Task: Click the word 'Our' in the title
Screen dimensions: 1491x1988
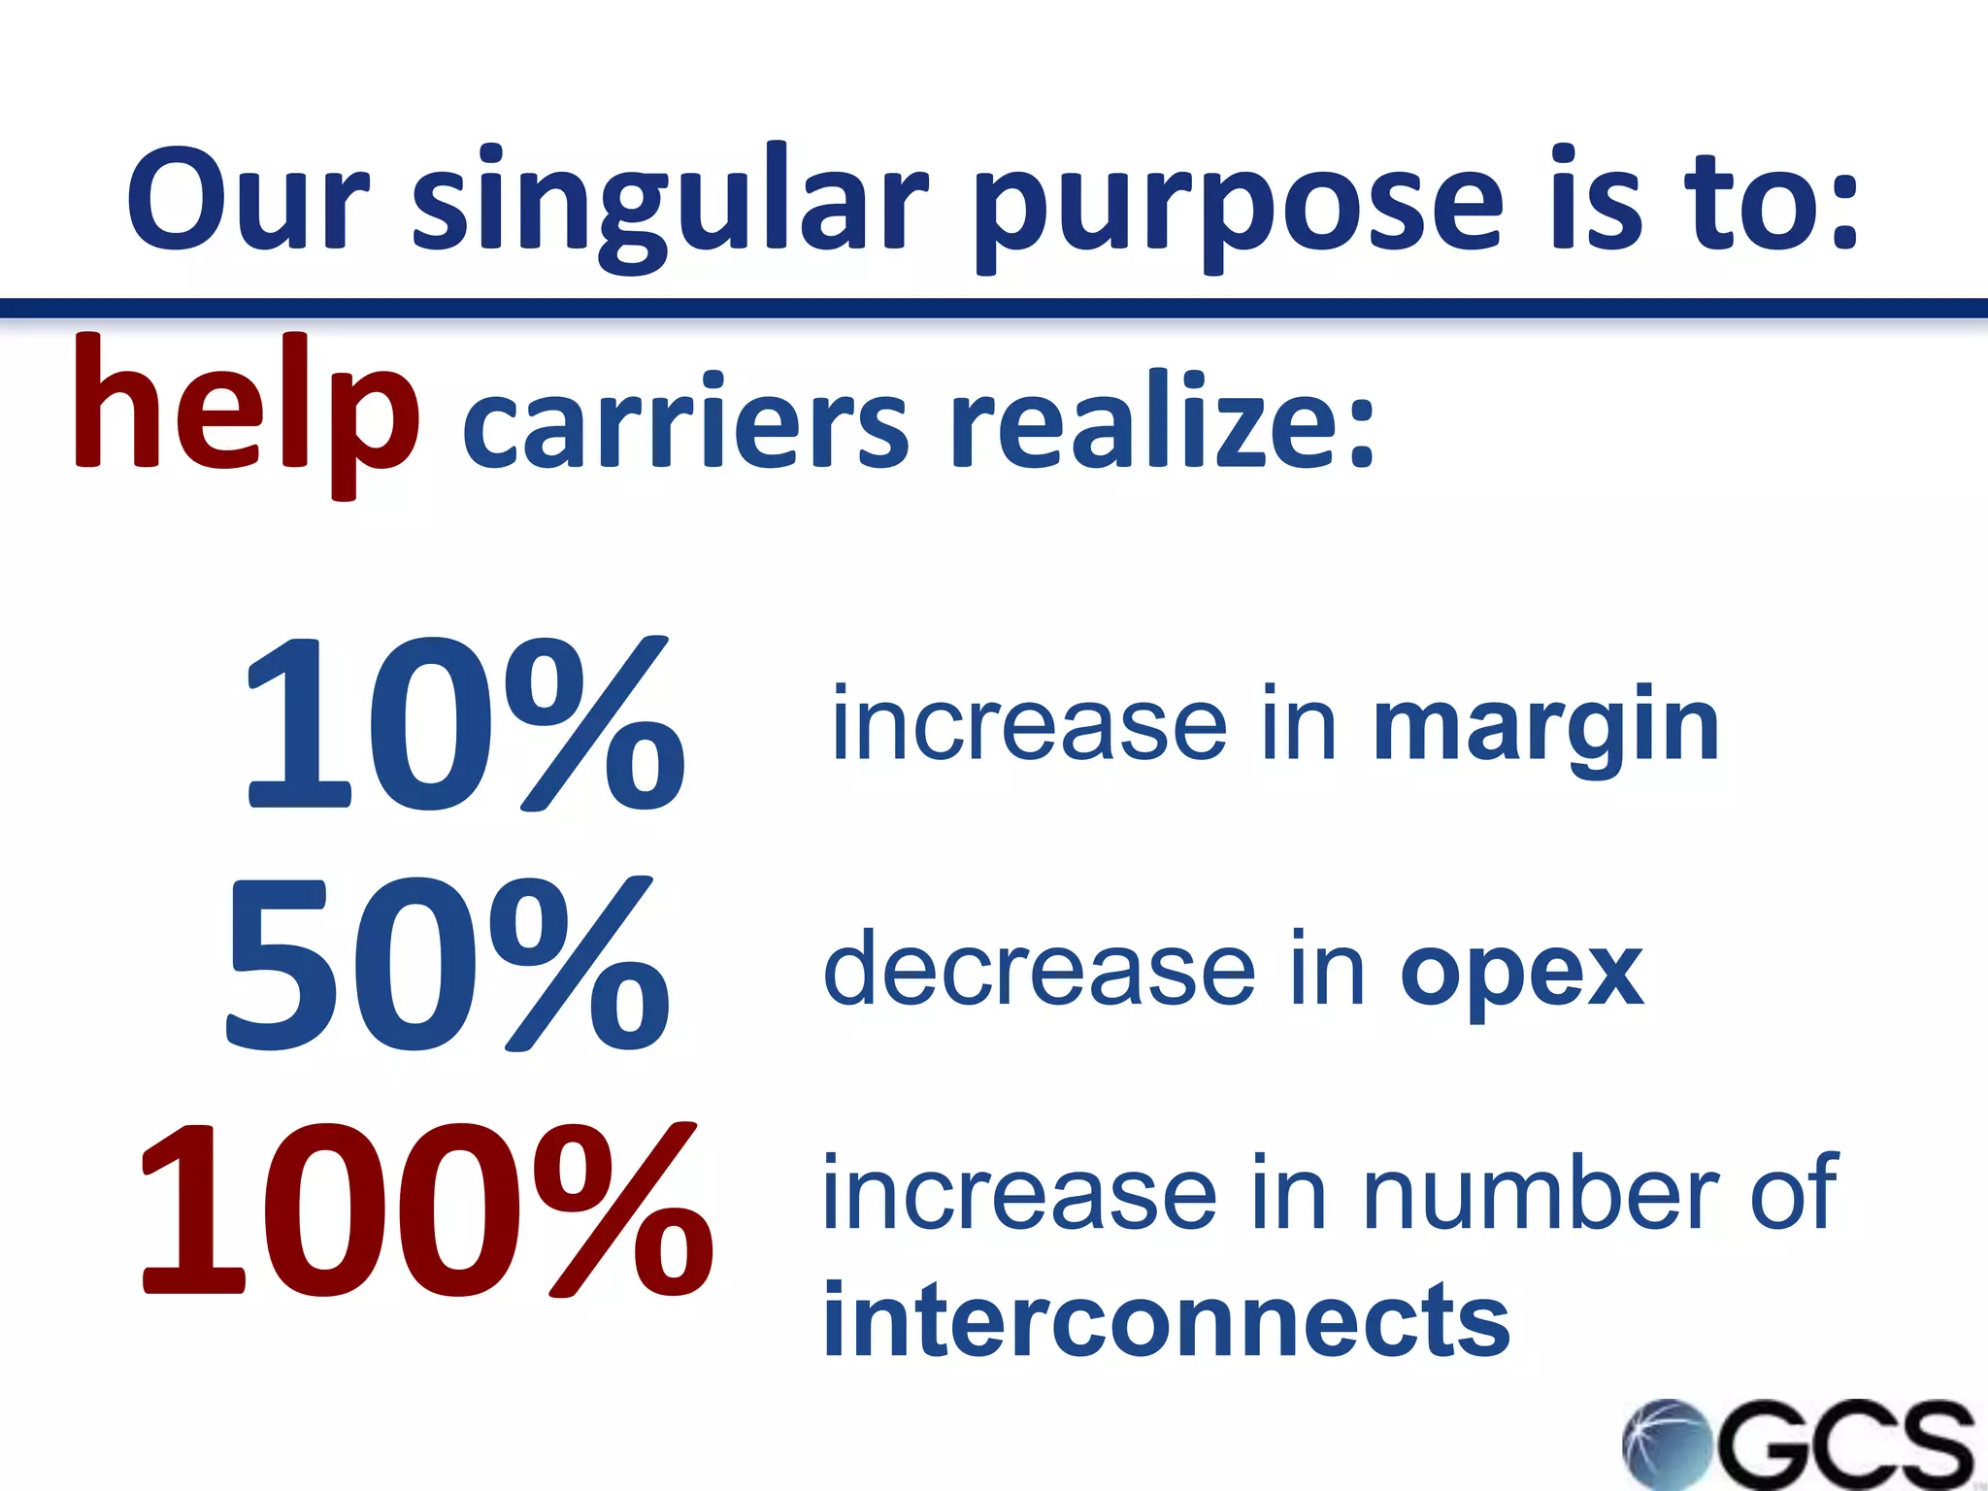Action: click(x=248, y=199)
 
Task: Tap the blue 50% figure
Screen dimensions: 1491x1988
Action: click(x=447, y=966)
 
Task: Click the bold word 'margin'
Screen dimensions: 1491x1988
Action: click(x=1545, y=728)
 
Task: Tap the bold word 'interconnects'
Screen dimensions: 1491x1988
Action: click(x=1165, y=1320)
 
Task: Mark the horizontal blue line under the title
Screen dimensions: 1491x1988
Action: click(x=994, y=309)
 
